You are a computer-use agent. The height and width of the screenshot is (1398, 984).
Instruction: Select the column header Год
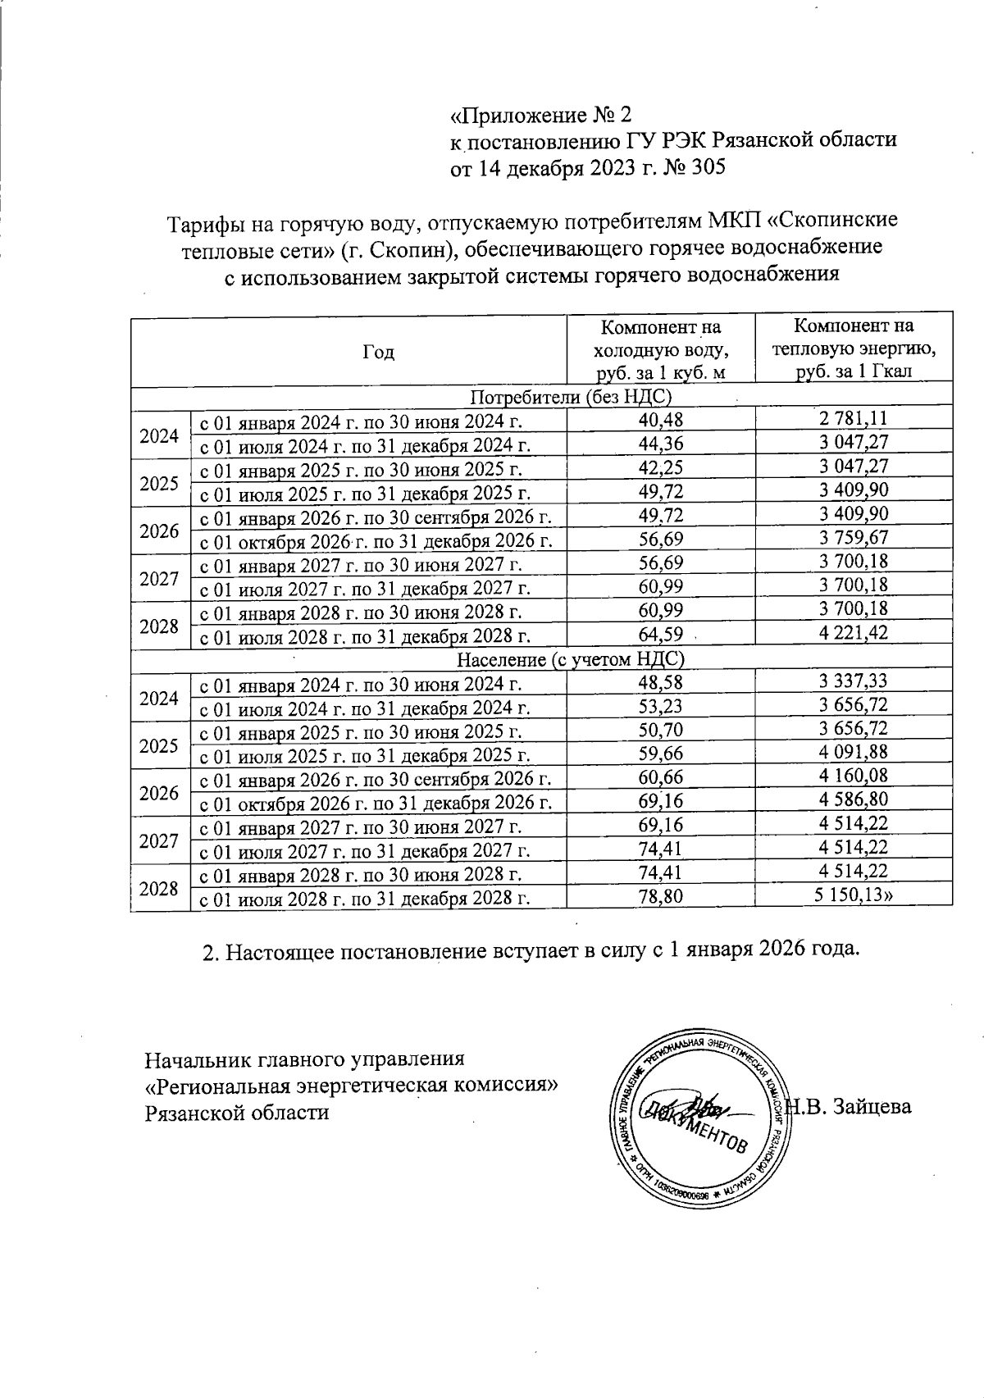tap(378, 353)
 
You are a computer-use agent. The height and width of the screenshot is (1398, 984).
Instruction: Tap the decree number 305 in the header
tap(708, 168)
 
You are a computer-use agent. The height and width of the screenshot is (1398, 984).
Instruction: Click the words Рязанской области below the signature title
tap(237, 1113)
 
